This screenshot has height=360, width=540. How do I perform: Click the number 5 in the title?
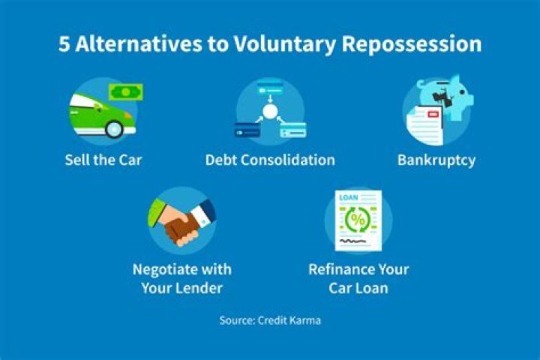pos(65,44)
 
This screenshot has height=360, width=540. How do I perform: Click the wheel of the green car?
pos(114,128)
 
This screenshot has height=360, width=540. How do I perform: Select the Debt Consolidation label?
pos(270,160)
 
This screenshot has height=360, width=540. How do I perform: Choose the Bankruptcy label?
pos(436,160)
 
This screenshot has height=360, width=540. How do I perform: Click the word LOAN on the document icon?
pos(349,199)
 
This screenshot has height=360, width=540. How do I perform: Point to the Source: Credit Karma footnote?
pos(270,320)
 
